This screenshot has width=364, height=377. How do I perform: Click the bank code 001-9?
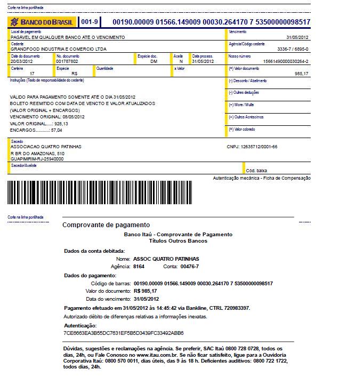(89, 22)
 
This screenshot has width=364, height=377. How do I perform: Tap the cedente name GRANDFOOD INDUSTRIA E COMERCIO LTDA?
(59, 49)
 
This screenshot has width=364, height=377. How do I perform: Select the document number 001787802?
(67, 61)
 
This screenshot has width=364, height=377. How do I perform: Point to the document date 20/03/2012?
(22, 61)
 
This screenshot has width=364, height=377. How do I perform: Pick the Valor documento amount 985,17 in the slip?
(301, 73)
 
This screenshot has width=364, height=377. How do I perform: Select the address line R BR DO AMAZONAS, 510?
(37, 153)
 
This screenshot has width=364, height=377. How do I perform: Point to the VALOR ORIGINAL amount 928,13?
(61, 123)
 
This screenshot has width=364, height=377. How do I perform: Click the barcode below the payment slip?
(99, 192)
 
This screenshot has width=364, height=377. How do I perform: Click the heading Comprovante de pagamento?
(106, 225)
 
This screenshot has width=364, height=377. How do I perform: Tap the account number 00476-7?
(189, 266)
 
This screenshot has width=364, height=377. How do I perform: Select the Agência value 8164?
(139, 266)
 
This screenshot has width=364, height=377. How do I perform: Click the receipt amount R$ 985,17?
(145, 291)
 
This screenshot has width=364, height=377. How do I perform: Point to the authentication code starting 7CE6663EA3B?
(123, 333)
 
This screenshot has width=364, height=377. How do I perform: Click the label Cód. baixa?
(256, 170)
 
